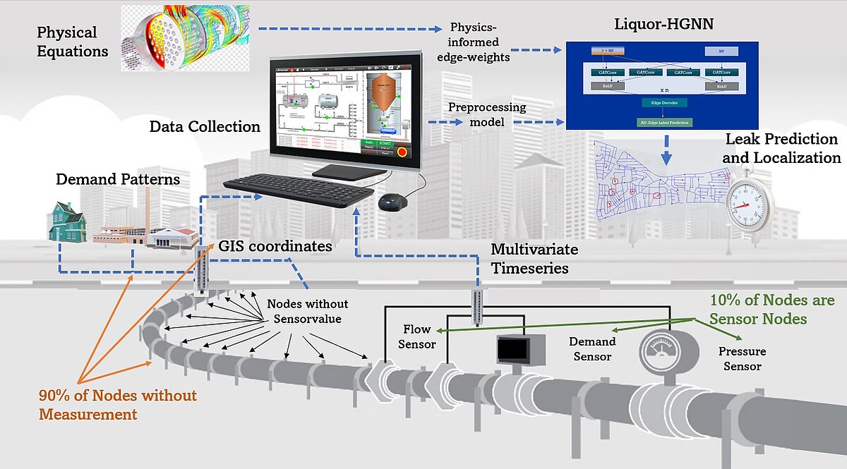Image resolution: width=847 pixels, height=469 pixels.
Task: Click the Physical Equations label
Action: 72,42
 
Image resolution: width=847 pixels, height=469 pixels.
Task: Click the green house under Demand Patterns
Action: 68,221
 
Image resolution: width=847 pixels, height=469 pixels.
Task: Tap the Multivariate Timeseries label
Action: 534,259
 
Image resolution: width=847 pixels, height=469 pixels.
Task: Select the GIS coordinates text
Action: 275,247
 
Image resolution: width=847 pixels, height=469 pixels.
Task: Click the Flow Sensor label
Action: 417,336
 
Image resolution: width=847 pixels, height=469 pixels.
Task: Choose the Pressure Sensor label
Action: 742,358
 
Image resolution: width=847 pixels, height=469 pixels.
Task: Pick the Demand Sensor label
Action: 592,348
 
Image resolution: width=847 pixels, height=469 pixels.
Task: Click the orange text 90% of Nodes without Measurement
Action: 117,404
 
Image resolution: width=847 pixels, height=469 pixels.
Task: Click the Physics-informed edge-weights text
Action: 479,42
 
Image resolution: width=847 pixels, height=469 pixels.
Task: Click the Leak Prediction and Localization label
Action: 781,148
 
